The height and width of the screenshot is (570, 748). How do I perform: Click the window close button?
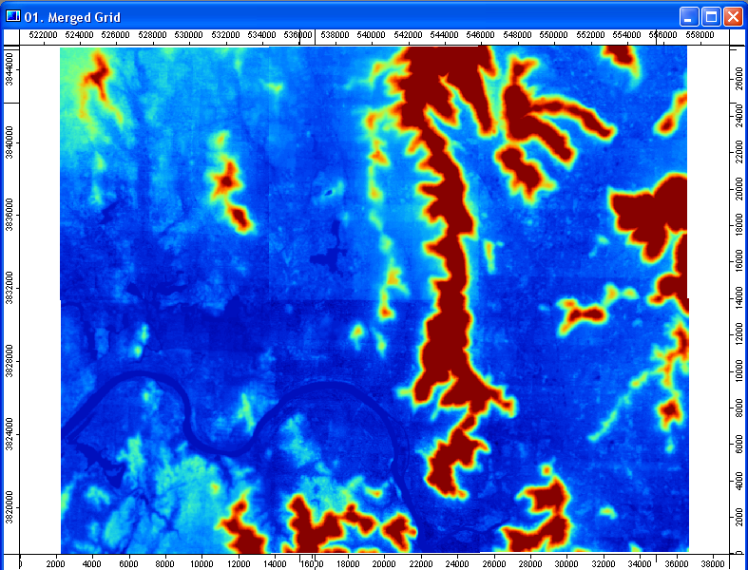(733, 16)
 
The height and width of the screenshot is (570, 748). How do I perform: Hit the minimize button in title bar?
(689, 16)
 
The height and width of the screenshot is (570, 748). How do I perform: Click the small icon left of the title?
(13, 16)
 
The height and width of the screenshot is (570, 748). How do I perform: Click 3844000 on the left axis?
(9, 67)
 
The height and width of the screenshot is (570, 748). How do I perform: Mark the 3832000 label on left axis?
(9, 286)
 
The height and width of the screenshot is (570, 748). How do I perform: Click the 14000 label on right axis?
(738, 300)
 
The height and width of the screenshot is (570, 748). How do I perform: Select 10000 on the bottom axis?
(201, 562)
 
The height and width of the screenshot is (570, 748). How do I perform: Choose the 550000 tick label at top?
(553, 35)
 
